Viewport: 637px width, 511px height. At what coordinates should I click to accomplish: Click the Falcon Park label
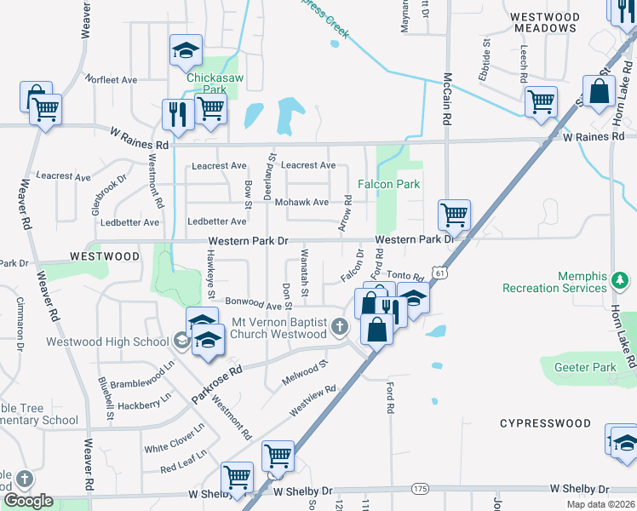click(389, 184)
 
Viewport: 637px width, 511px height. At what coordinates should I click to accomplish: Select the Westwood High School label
click(118, 342)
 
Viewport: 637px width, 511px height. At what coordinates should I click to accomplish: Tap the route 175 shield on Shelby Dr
click(419, 488)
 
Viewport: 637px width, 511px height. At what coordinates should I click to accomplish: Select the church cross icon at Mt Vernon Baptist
click(340, 326)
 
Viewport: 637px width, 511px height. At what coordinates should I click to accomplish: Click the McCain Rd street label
click(445, 95)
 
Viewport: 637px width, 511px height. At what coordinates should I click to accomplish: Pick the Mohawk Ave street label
click(301, 203)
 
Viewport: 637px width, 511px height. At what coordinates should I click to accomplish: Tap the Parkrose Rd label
click(217, 384)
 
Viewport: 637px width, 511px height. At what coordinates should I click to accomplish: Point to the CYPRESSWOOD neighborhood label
click(545, 423)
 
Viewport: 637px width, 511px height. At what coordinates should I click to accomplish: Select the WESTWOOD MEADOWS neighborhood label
click(545, 22)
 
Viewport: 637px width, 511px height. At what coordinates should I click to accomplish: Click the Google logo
click(28, 501)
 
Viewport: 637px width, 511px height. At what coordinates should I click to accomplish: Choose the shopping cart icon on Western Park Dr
click(454, 215)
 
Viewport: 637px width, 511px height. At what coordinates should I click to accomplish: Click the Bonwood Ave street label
click(253, 304)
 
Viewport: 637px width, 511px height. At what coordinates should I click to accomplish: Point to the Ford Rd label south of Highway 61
click(391, 396)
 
